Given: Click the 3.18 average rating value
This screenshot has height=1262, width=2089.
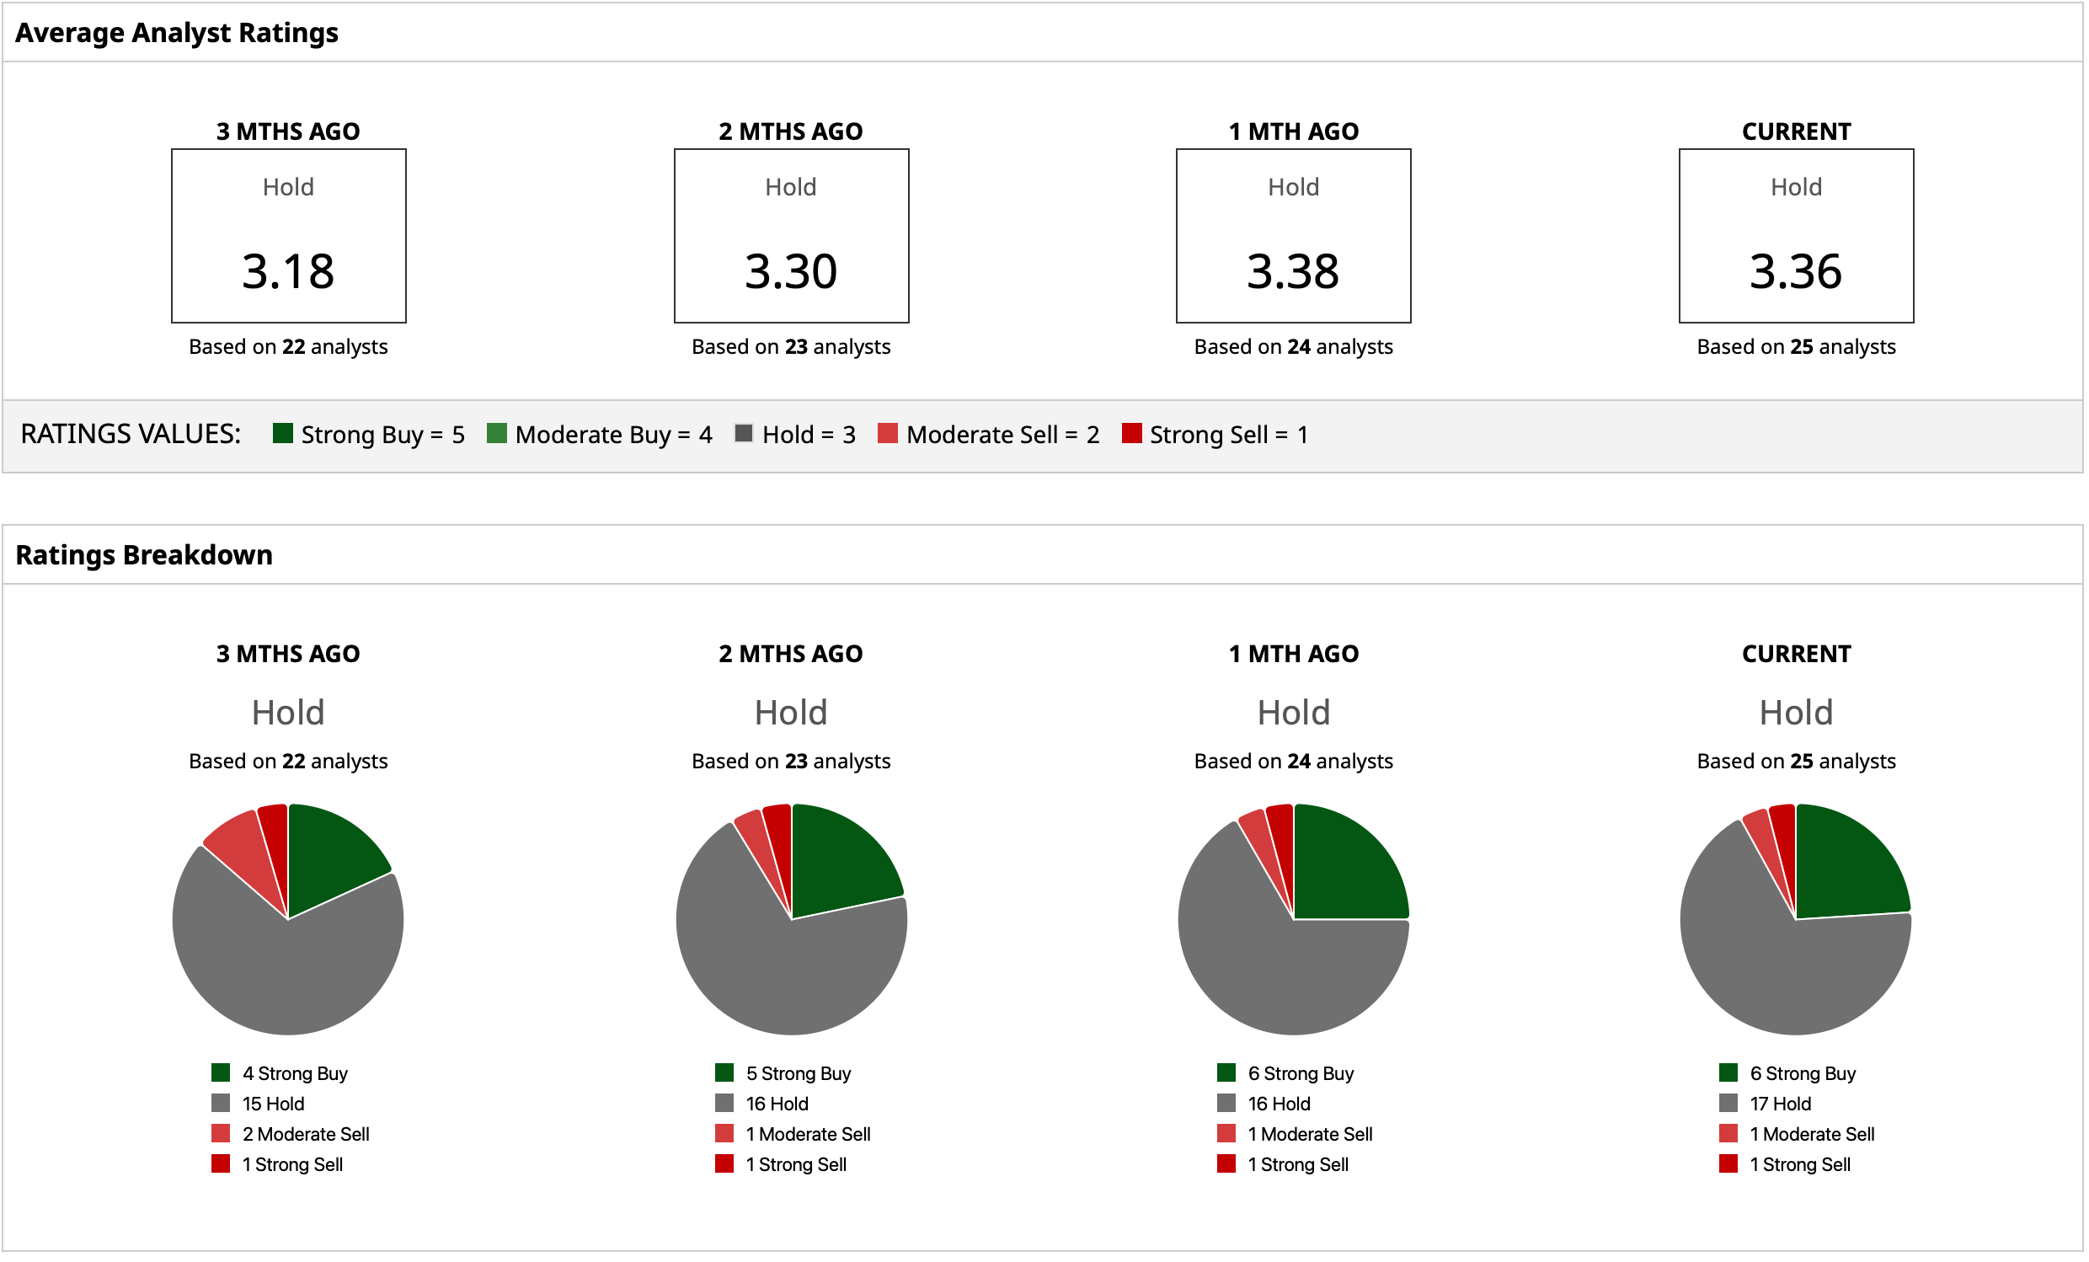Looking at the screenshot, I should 288,271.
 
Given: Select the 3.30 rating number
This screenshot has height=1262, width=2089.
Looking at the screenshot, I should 791,271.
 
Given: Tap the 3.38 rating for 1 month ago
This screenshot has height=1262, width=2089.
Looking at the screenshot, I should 1293,271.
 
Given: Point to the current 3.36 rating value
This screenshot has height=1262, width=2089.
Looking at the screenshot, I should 1796,271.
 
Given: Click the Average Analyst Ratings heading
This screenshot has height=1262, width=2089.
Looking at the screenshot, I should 176,32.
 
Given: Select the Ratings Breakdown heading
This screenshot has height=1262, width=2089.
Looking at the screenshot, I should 144,554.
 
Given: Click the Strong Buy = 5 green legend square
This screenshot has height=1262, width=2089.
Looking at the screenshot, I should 283,433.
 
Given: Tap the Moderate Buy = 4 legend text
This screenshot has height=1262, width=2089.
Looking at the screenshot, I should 613,434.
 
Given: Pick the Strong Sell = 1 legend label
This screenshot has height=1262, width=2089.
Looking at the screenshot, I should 1228,434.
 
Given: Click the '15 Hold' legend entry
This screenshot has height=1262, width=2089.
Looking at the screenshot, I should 273,1104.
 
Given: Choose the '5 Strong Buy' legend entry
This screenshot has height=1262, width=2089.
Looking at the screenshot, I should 798,1073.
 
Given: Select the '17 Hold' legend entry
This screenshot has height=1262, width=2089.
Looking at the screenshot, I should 1781,1104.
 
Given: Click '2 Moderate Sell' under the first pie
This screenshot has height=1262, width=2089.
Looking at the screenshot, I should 305,1134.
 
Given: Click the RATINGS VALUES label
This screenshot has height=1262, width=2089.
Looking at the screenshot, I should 131,434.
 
